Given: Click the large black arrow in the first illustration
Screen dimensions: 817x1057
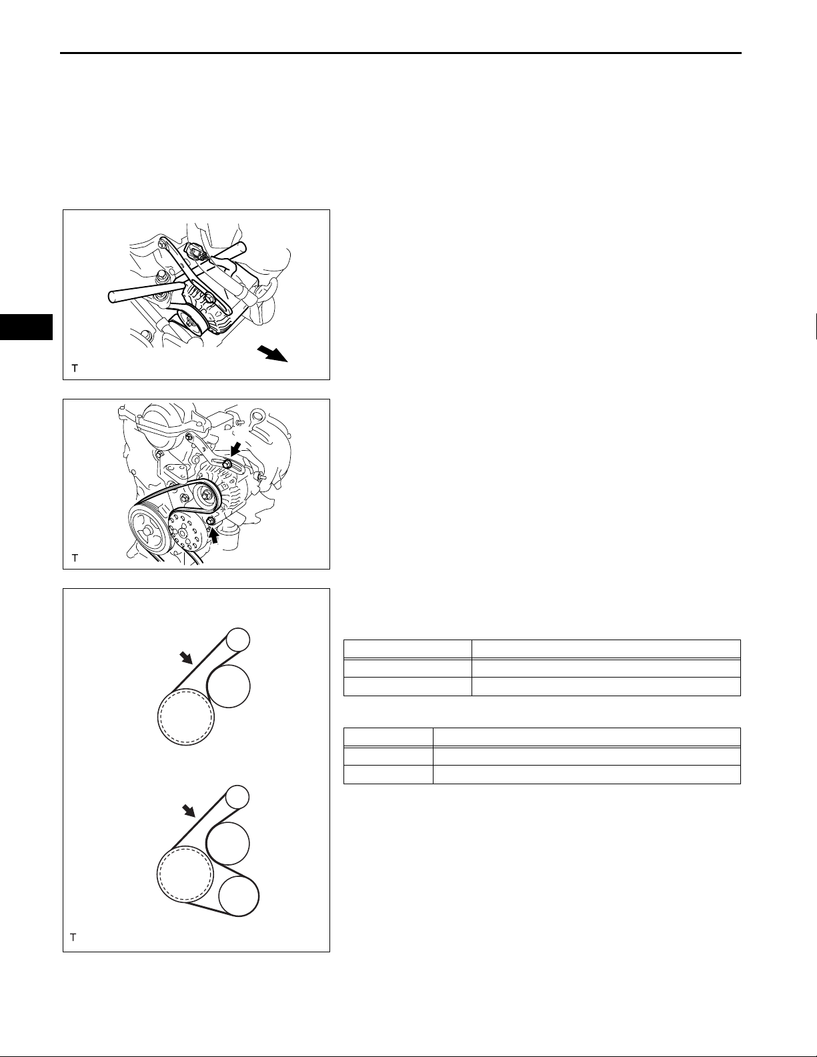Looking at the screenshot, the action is pyautogui.click(x=273, y=353).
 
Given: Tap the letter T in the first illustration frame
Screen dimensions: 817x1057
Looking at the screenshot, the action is pyautogui.click(x=75, y=368).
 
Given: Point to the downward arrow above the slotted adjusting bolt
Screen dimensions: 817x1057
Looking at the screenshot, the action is pyautogui.click(x=235, y=449).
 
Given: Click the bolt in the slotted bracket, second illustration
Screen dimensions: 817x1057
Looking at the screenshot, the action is pyautogui.click(x=226, y=463).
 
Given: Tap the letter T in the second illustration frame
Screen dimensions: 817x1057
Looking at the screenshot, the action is pyautogui.click(x=75, y=558).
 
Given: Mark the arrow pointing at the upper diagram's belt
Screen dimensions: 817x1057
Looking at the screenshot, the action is pyautogui.click(x=186, y=659).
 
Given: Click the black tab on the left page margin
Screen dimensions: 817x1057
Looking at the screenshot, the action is pyautogui.click(x=26, y=327).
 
